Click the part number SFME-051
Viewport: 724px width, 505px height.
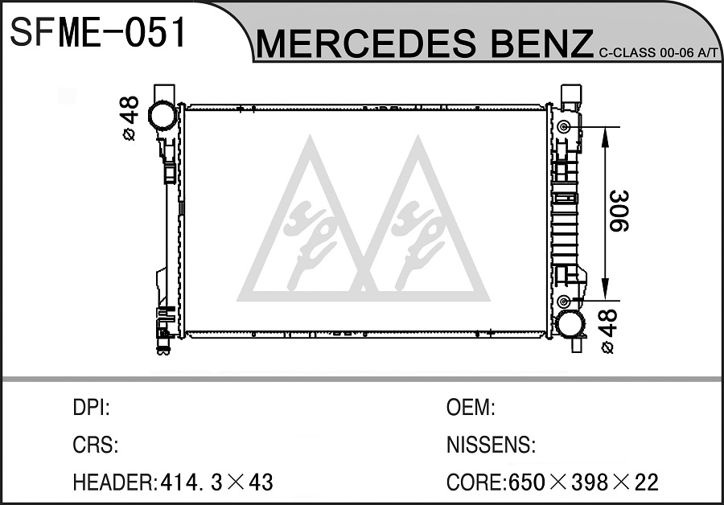tap(97, 32)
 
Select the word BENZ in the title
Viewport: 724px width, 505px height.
tap(541, 44)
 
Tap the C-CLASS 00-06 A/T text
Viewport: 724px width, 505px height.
tap(660, 52)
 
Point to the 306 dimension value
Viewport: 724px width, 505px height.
tap(619, 211)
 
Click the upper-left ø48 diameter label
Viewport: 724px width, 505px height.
tap(130, 118)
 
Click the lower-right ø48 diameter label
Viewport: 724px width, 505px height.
tap(607, 331)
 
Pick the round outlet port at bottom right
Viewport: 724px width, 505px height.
tap(570, 324)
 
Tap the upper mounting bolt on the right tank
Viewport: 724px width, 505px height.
tap(563, 126)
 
